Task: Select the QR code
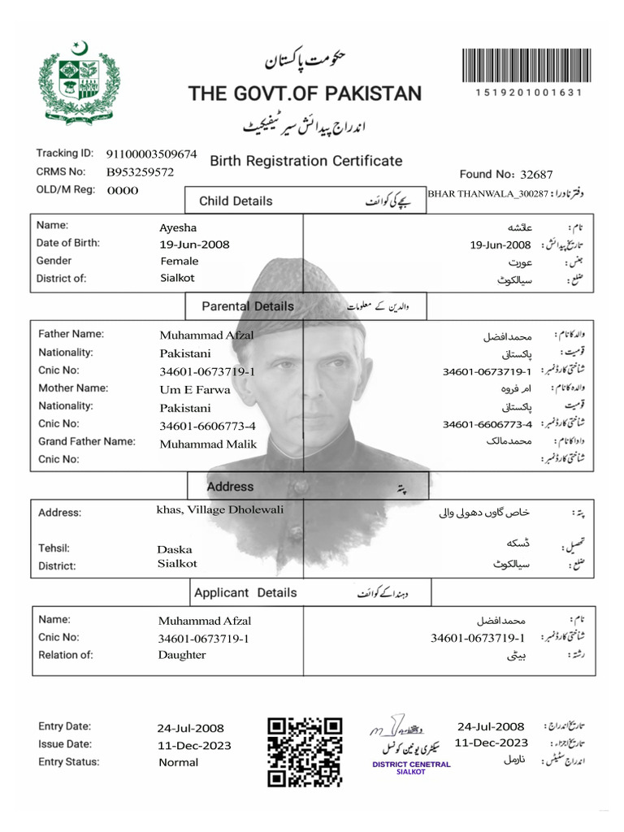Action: coord(305,752)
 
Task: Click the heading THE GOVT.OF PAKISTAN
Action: coord(305,93)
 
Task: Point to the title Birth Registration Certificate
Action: coord(306,161)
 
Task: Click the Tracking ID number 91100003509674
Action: coord(151,154)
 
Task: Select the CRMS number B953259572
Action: coord(140,172)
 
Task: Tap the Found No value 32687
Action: coord(536,174)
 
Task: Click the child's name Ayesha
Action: coord(178,227)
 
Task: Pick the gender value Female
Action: coord(180,261)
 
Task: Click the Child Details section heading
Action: coord(236,201)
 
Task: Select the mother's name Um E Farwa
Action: coord(195,389)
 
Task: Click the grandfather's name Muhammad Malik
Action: coord(208,444)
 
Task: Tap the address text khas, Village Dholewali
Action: coord(219,509)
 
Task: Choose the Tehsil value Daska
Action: coord(175,549)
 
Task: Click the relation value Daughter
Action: coord(182,655)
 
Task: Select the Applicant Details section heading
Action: coord(245,592)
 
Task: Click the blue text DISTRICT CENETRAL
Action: coord(411,764)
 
